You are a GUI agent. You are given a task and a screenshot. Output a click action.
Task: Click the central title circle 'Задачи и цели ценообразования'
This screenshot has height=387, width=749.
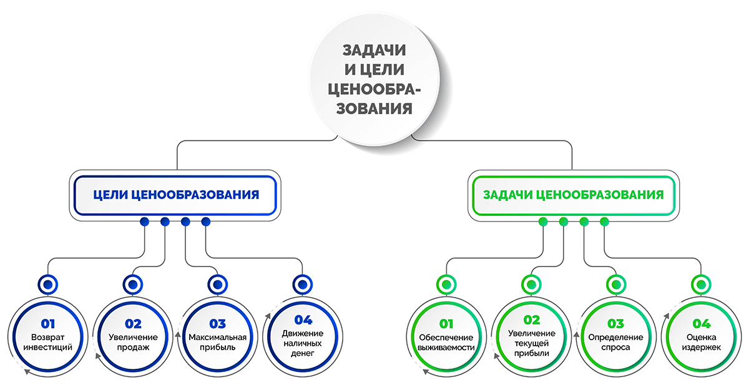(374, 80)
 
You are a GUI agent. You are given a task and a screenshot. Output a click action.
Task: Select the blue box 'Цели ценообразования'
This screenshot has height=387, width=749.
(175, 195)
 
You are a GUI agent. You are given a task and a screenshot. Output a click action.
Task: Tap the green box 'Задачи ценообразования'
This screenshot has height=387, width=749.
(574, 195)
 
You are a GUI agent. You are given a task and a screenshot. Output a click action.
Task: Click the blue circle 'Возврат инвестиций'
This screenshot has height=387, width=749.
(48, 337)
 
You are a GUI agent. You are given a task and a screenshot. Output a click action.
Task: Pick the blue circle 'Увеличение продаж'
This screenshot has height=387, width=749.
(133, 337)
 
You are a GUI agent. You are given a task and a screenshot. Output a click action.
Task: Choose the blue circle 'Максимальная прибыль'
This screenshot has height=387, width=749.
(218, 337)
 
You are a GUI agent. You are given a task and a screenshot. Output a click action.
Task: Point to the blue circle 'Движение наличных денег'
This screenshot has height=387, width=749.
(303, 337)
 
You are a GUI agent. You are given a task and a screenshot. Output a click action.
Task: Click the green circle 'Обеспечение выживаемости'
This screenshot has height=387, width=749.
(446, 337)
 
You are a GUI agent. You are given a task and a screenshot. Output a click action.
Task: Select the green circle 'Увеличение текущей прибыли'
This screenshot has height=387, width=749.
(531, 337)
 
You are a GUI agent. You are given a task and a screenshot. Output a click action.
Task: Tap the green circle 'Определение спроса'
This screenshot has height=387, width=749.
(616, 337)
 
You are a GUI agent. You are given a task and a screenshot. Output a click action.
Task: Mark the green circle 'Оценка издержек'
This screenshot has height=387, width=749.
(701, 337)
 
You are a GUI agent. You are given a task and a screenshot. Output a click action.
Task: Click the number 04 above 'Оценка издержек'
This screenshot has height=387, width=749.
(701, 323)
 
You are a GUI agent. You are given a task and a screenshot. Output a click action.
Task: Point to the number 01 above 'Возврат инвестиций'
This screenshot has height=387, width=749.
(48, 323)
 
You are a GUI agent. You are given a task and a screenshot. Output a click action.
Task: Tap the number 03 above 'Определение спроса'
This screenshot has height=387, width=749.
(615, 323)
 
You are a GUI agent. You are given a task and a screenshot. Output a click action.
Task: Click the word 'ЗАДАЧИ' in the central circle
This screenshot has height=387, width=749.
(374, 50)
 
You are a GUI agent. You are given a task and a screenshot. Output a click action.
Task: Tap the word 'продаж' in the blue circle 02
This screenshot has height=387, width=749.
(133, 348)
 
